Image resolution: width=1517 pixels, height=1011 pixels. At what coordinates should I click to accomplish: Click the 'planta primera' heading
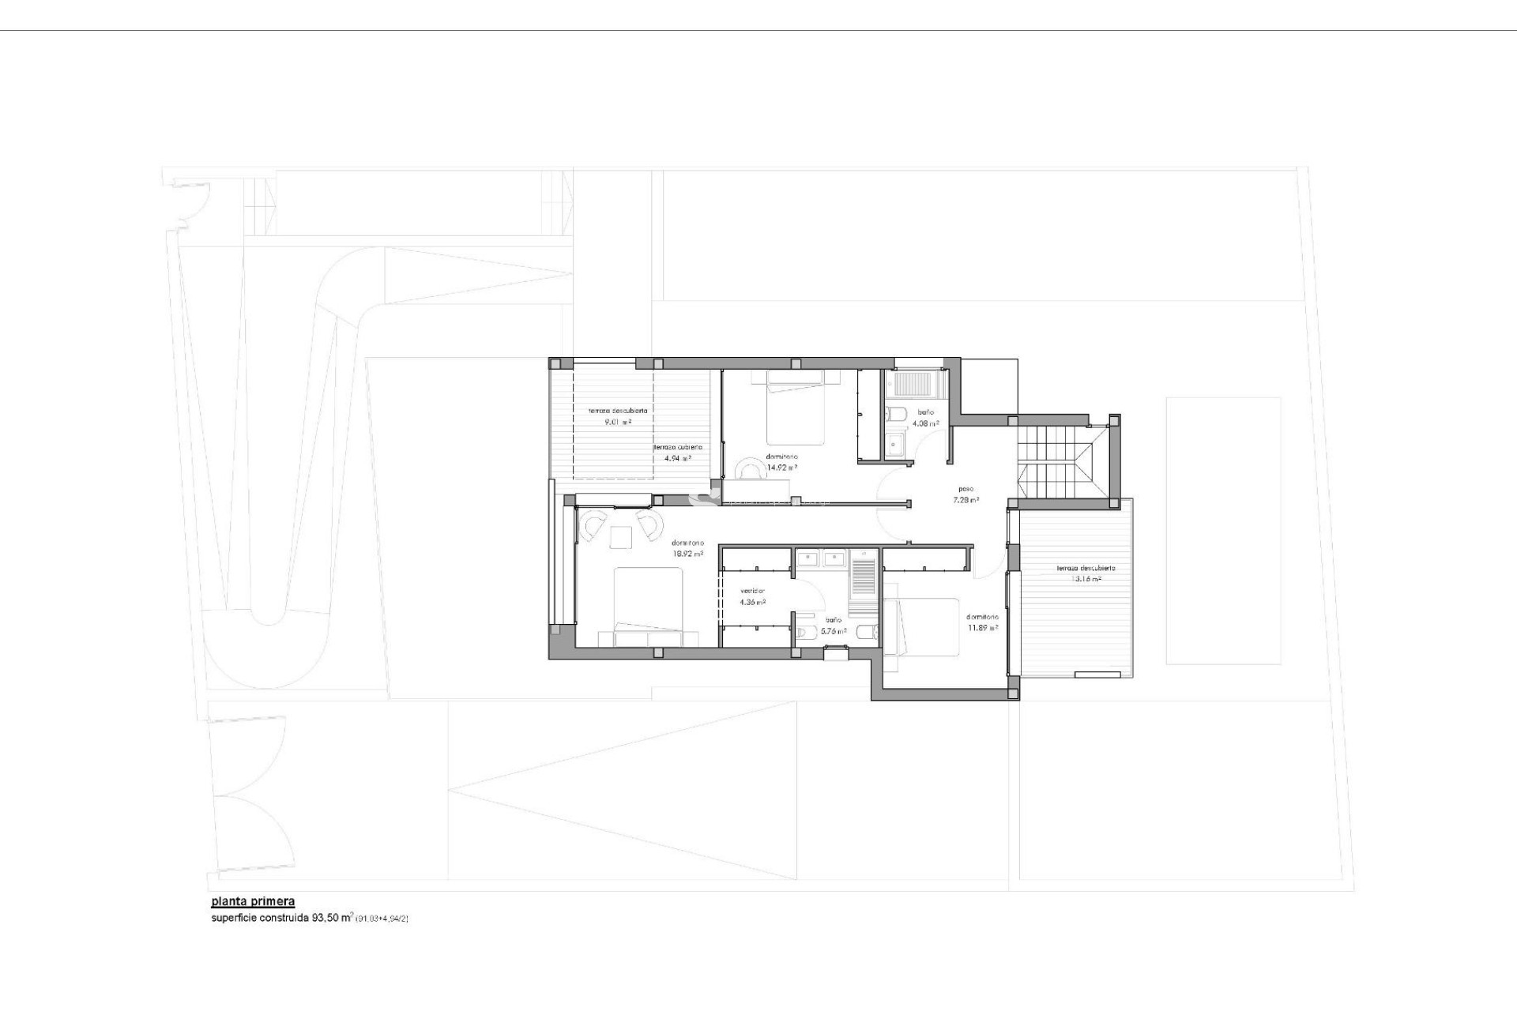tap(253, 901)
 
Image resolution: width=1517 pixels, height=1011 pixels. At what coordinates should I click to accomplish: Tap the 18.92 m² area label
tap(687, 554)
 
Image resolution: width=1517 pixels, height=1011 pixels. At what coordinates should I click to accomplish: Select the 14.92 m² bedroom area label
tap(781, 467)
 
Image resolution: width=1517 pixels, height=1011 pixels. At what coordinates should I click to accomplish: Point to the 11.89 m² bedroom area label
tap(982, 629)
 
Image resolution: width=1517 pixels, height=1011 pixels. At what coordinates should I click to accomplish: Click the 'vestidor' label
tap(752, 591)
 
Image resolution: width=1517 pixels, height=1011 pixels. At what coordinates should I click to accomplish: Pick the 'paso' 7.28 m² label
tap(966, 500)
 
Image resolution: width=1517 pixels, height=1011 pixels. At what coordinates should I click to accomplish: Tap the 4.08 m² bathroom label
tap(925, 423)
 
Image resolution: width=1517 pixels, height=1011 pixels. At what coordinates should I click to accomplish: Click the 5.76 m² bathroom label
tap(833, 631)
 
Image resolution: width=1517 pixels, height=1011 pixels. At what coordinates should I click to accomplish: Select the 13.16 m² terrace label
tap(1086, 579)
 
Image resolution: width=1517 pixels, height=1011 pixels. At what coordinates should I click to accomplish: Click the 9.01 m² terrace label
tap(617, 423)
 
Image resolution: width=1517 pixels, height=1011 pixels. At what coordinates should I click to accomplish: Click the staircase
tap(1054, 462)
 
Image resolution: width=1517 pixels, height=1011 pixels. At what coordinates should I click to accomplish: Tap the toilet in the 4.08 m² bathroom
tap(896, 414)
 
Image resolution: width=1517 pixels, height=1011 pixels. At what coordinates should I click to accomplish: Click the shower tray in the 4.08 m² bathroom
tap(913, 384)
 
